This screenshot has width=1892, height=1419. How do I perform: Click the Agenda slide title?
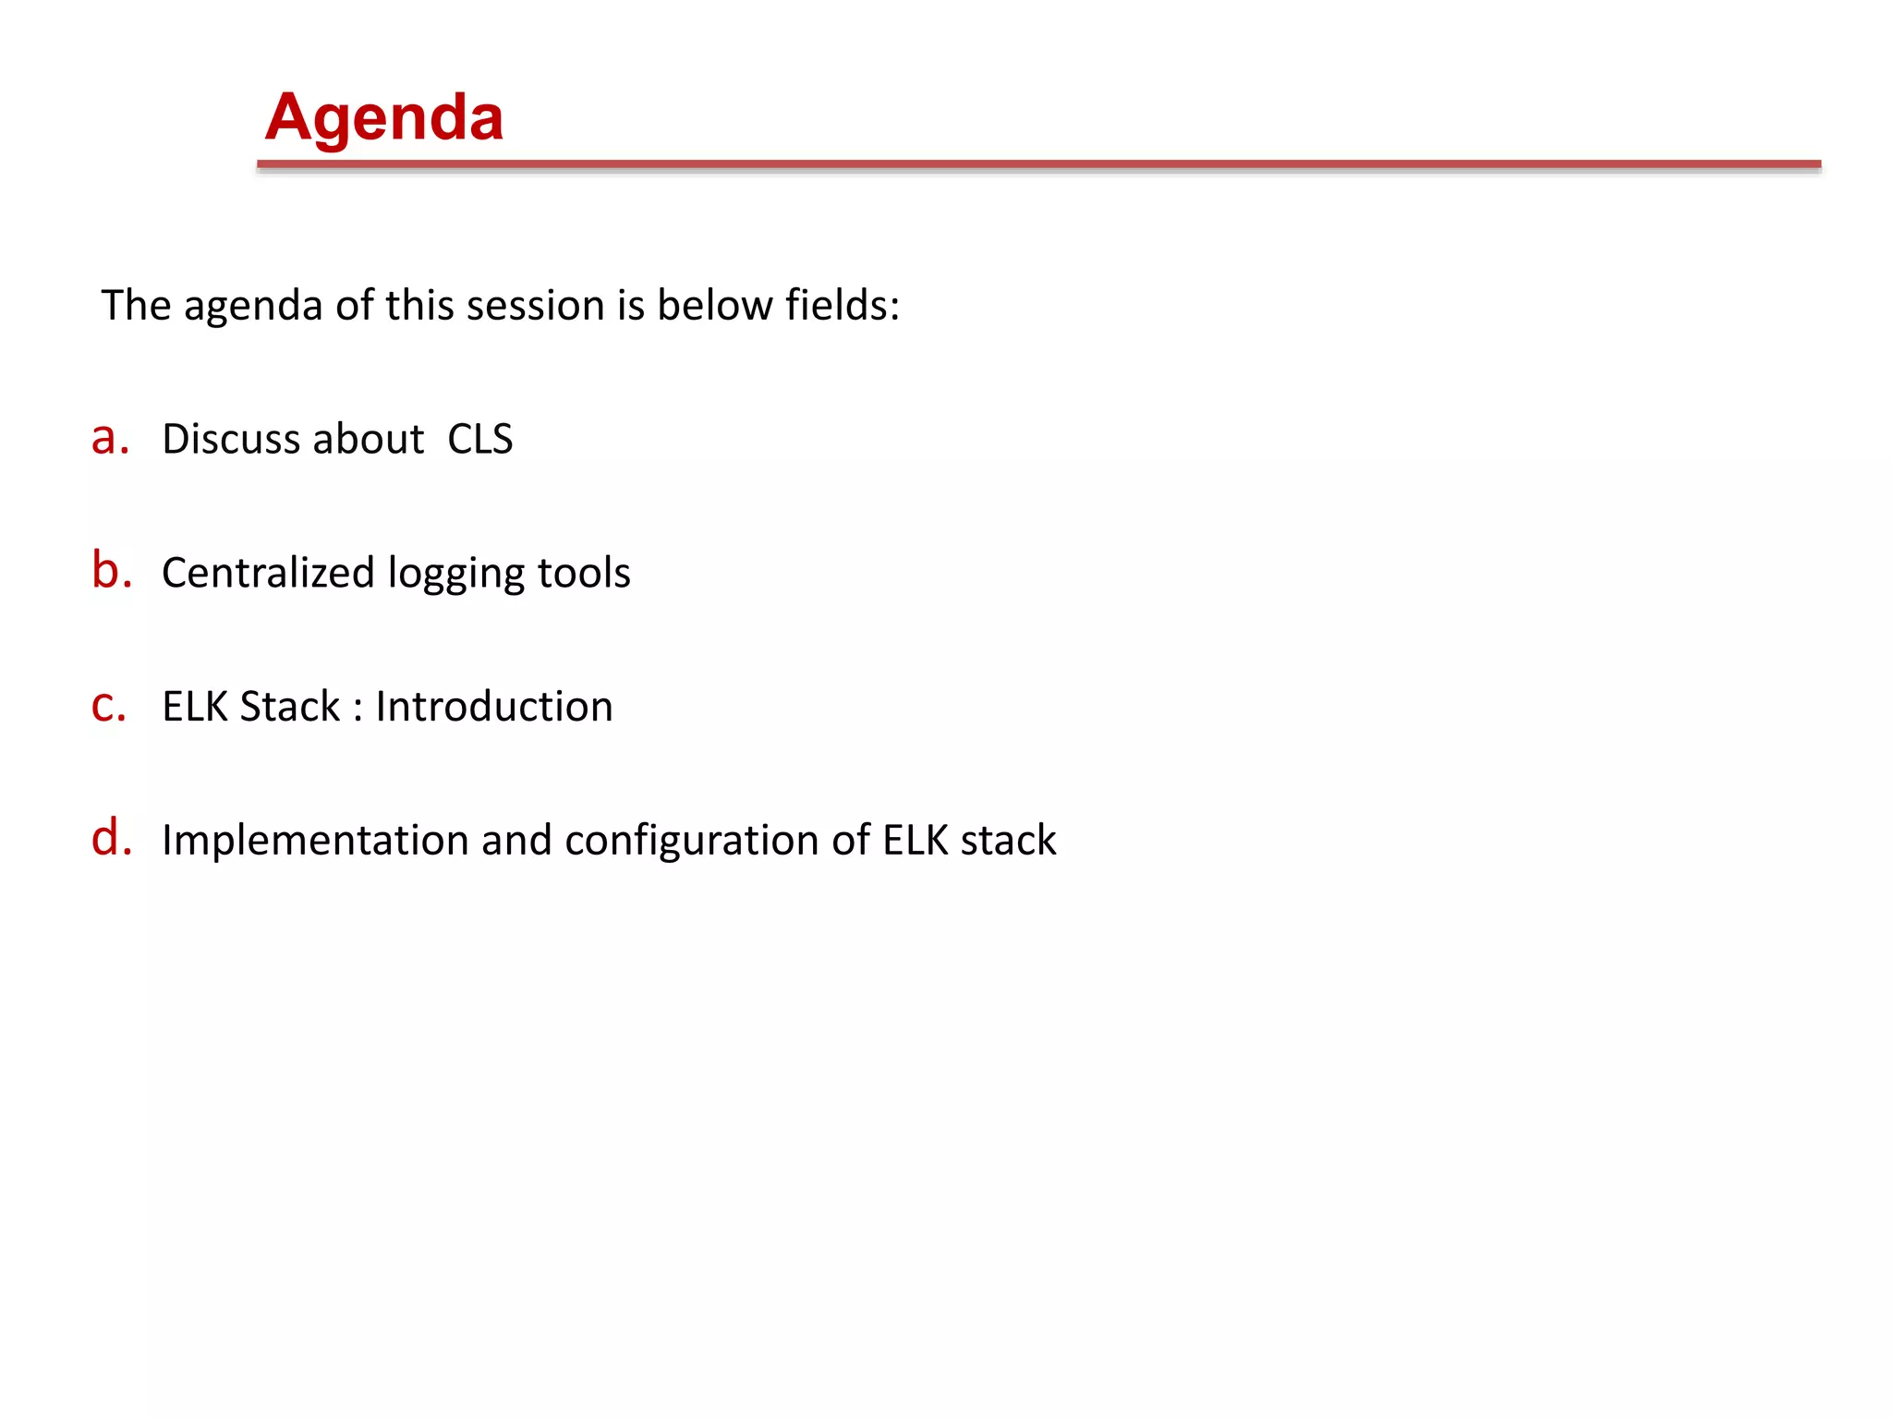coord(383,118)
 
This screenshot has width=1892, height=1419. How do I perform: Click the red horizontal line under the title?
coord(1038,164)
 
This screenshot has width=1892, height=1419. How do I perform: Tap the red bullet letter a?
coord(109,438)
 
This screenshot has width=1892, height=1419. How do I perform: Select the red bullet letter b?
coord(111,570)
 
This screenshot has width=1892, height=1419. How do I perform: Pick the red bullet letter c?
coord(108,706)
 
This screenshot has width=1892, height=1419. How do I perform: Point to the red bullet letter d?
coord(111,838)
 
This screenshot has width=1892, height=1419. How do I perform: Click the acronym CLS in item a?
coord(479,439)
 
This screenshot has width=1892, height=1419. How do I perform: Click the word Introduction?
coord(493,707)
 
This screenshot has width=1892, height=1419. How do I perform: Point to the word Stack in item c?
coord(289,707)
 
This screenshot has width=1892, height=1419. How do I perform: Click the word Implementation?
coord(315,841)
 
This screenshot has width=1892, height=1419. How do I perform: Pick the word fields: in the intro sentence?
coord(842,305)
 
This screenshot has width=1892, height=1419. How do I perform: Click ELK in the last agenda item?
coord(915,841)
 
